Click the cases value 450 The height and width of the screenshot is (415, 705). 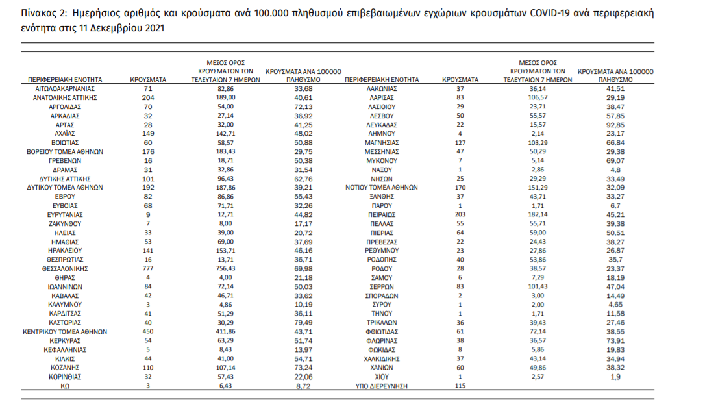tap(148, 331)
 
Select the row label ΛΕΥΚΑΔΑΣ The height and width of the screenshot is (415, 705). tap(382, 123)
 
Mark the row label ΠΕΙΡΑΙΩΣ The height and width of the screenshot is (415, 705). tap(382, 214)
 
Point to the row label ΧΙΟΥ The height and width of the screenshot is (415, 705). tap(382, 377)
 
